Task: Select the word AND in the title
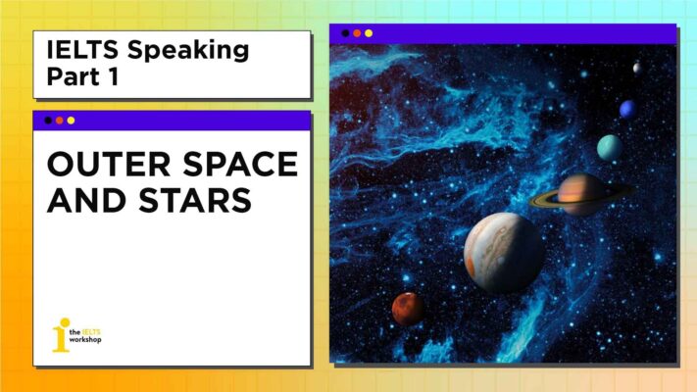(84, 201)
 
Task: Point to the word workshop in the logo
(85, 341)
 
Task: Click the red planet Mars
(408, 309)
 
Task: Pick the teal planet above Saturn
(610, 148)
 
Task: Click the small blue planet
(627, 109)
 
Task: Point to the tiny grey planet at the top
(637, 68)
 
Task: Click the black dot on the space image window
(345, 33)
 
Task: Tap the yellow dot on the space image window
(369, 33)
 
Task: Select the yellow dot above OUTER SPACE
(71, 121)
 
